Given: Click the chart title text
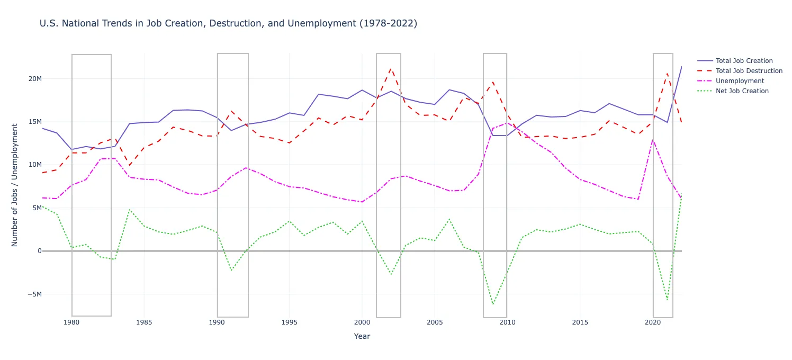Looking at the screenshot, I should click(x=228, y=23).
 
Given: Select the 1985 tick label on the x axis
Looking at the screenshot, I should click(x=144, y=322).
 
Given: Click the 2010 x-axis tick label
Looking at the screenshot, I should click(x=507, y=322).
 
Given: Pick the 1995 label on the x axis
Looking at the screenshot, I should click(x=289, y=322).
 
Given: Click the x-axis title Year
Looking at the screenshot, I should click(x=362, y=336).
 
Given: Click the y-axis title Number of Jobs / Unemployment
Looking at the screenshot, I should click(x=15, y=185).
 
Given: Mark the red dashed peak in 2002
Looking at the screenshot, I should click(x=391, y=68).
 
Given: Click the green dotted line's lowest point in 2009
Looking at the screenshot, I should click(x=493, y=304).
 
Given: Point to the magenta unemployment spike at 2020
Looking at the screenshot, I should click(x=653, y=140).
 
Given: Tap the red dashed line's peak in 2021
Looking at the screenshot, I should click(x=667, y=73).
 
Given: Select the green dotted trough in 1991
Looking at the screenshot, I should click(x=231, y=270).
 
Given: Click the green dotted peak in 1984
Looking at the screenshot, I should click(x=130, y=210).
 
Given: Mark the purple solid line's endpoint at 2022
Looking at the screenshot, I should click(x=681, y=67).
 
